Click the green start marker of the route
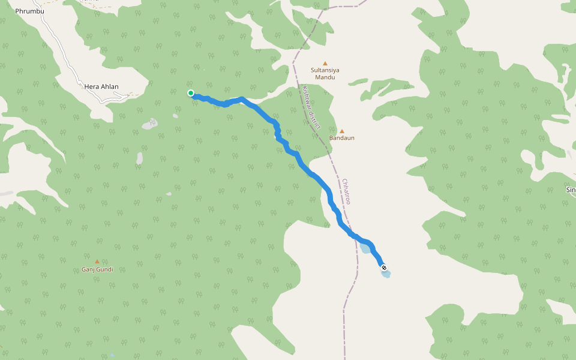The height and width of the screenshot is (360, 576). (x=191, y=93)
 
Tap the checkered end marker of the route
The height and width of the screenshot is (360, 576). (x=383, y=268)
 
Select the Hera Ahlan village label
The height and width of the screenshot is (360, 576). (x=101, y=87)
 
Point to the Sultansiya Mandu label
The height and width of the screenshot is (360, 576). (x=325, y=73)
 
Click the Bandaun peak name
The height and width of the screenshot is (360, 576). (x=342, y=138)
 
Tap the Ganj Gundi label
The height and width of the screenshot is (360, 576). (x=97, y=269)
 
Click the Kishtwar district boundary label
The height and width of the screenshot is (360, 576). (x=312, y=108)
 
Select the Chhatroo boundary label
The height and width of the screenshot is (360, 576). (x=346, y=191)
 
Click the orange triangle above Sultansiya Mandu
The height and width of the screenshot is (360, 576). (x=325, y=63)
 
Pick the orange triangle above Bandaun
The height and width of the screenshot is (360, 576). (x=342, y=131)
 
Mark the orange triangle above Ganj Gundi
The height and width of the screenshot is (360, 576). (x=97, y=262)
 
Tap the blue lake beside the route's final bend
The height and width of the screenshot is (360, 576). (x=365, y=248)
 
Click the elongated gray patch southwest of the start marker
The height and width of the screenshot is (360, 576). (x=140, y=158)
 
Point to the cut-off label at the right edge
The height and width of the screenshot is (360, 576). (x=571, y=190)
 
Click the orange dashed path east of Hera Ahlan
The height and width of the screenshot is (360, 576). (x=135, y=95)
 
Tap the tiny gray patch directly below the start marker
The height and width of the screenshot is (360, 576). (x=175, y=116)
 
